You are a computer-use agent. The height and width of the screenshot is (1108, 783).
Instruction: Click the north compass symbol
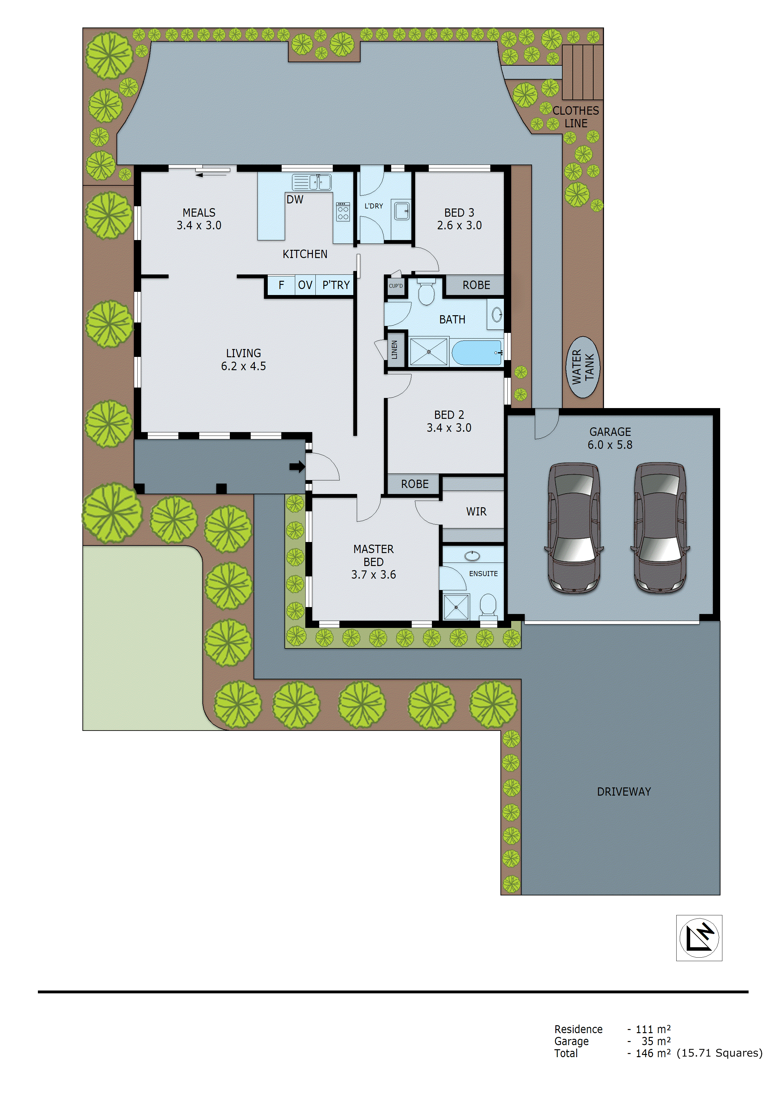pos(699,938)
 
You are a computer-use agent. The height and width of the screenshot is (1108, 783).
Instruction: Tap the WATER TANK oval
pos(583,367)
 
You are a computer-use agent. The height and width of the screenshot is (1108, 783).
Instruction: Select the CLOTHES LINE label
pos(576,117)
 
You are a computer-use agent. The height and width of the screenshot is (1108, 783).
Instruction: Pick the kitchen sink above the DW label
pos(312,183)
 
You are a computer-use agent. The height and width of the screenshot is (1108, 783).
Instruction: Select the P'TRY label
pos(336,285)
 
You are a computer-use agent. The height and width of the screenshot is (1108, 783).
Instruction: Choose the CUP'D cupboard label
pos(396,286)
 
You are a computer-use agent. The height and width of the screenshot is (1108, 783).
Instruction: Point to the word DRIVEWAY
pos(624,792)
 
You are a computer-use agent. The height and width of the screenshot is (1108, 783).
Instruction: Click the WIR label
pos(476,512)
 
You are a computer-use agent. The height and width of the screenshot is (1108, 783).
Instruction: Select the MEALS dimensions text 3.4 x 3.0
pos(199,226)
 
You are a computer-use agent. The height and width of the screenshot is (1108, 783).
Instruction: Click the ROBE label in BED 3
pos(476,285)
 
